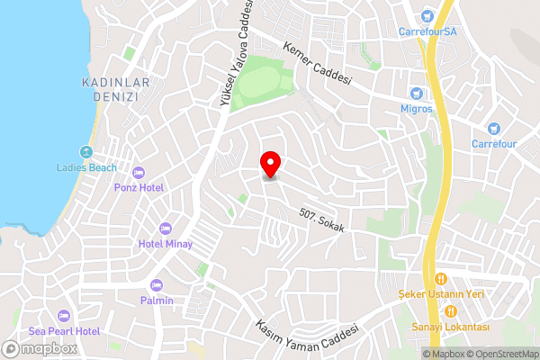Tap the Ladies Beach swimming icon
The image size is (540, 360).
click(x=86, y=151)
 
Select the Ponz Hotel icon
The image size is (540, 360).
click(x=138, y=172)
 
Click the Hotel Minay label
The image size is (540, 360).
click(x=165, y=244)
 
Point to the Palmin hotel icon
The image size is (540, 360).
click(x=157, y=284)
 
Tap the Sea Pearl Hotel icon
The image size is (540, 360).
click(x=63, y=315)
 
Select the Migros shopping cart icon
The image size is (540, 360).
click(x=417, y=94)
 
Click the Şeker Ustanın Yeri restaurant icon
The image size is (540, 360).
click(x=441, y=279)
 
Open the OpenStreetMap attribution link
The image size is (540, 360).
click(x=498, y=354)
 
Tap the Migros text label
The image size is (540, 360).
click(x=417, y=109)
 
